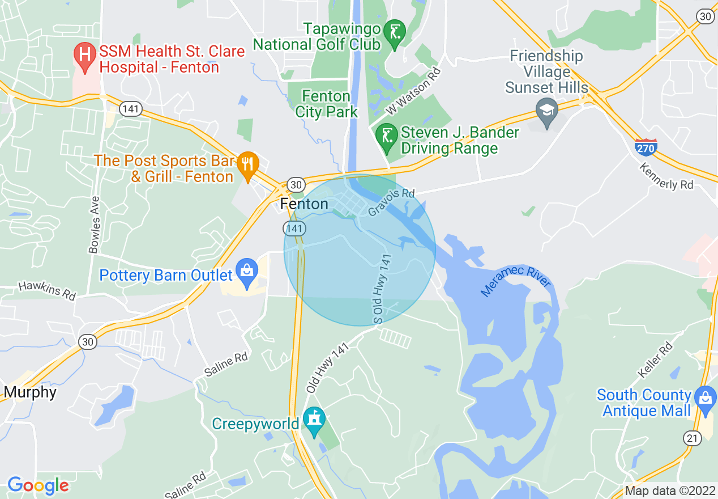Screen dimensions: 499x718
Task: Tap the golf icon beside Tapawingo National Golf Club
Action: (394, 32)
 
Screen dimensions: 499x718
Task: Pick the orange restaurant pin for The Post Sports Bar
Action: (247, 165)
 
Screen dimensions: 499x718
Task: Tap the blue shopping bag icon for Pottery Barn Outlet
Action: (247, 271)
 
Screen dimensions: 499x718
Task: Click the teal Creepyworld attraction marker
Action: (314, 421)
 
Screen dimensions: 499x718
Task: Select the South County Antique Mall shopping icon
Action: (706, 397)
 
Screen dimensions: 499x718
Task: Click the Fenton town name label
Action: (304, 204)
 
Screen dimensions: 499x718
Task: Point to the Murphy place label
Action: (30, 392)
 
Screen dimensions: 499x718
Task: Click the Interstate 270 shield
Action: (646, 147)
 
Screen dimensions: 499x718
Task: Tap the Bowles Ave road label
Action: (94, 225)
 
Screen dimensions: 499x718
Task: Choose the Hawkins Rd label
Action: (47, 291)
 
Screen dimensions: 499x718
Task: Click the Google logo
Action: (37, 485)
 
